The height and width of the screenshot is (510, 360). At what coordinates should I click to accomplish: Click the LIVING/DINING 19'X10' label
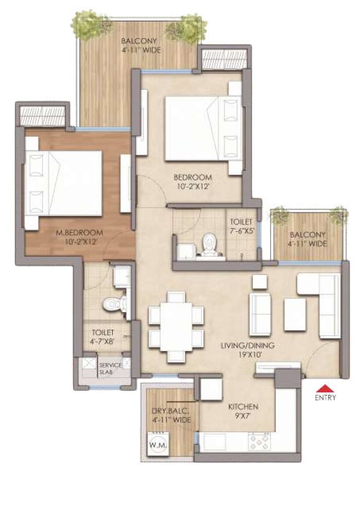pyautogui.click(x=247, y=350)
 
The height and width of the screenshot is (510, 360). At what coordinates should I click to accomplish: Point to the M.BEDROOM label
pyautogui.click(x=79, y=233)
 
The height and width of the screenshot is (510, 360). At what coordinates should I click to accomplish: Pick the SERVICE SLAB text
pyautogui.click(x=110, y=368)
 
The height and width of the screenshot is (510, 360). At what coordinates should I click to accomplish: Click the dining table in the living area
pyautogui.click(x=176, y=326)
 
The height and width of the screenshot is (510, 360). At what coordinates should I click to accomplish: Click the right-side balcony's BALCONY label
pyautogui.click(x=307, y=234)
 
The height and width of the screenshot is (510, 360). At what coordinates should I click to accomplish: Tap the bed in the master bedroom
pyautogui.click(x=64, y=183)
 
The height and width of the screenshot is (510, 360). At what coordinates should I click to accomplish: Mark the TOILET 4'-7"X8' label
pyautogui.click(x=103, y=337)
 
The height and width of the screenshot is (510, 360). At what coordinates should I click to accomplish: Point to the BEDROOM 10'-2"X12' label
pyautogui.click(x=193, y=182)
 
